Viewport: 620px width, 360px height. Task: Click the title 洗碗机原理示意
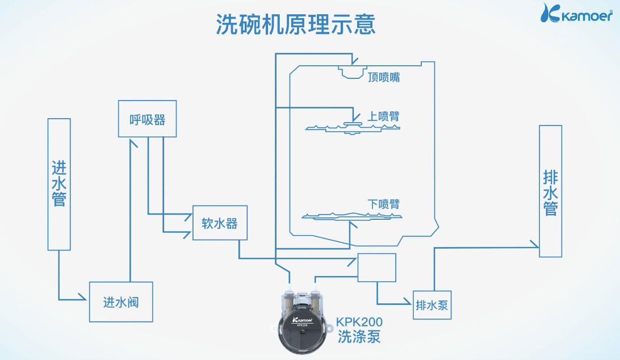pyautogui.click(x=295, y=25)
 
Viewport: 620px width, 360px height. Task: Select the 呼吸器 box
pyautogui.click(x=147, y=119)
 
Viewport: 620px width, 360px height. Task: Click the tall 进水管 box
pyautogui.click(x=59, y=184)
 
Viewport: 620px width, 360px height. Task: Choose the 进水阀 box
pyautogui.click(x=120, y=302)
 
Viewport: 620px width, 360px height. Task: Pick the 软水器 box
pyautogui.click(x=220, y=223)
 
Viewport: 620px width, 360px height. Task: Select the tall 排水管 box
pyautogui.click(x=550, y=191)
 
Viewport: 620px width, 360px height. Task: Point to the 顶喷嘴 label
pyautogui.click(x=383, y=77)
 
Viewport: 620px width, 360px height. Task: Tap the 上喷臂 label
pyautogui.click(x=383, y=116)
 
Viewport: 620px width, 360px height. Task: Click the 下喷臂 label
pyautogui.click(x=383, y=204)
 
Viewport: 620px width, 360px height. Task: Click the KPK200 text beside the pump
pyautogui.click(x=359, y=321)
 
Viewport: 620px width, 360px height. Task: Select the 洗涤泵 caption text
pyautogui.click(x=359, y=336)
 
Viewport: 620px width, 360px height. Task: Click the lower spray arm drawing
pyautogui.click(x=351, y=216)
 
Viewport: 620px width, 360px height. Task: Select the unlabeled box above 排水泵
pyautogui.click(x=376, y=267)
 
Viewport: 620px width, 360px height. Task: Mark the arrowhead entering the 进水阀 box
pyautogui.click(x=85, y=299)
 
